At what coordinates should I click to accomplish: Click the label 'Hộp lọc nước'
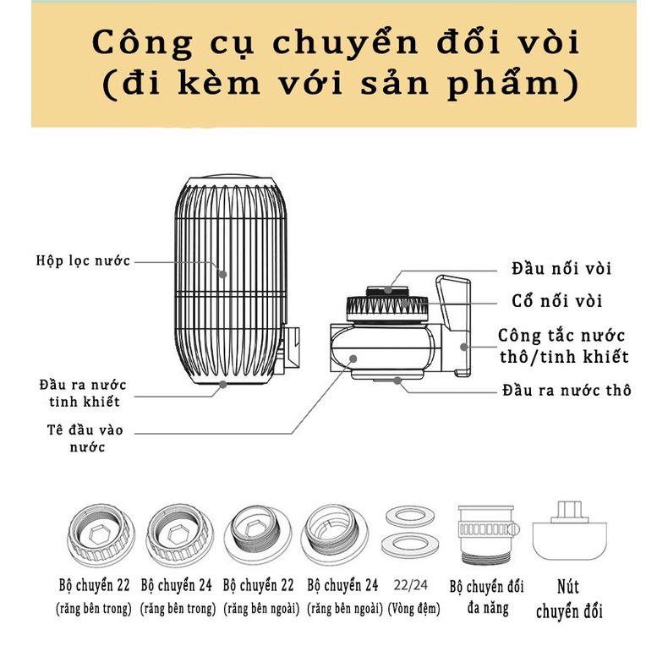[x=83, y=260]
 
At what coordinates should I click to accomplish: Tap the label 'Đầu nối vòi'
[x=561, y=269]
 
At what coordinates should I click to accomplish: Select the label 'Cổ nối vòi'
[x=557, y=301]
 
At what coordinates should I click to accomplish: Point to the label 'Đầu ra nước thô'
[x=566, y=390]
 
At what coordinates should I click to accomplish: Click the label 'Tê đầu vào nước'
[x=85, y=438]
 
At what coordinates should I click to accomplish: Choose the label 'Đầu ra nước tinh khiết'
[x=84, y=391]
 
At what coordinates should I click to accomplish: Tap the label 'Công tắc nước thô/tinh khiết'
[x=563, y=346]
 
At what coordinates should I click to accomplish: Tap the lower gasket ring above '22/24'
[x=412, y=543]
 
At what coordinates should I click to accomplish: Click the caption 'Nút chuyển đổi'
[x=569, y=598]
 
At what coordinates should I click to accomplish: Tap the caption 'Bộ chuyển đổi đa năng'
[x=486, y=596]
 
